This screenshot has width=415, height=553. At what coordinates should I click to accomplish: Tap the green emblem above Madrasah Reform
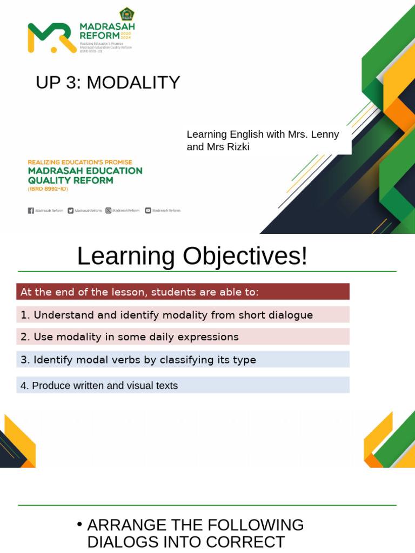click(x=126, y=14)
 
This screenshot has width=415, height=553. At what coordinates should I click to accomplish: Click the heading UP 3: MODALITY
click(x=108, y=83)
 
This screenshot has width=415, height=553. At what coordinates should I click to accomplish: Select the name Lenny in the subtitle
click(x=326, y=134)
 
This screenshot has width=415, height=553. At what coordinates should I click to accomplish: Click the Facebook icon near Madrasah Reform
click(x=31, y=211)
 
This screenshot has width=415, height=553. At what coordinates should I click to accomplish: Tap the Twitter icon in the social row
click(x=71, y=211)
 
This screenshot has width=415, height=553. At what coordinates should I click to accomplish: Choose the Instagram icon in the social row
click(x=109, y=211)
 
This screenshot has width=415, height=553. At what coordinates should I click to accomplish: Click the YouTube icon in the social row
click(x=148, y=211)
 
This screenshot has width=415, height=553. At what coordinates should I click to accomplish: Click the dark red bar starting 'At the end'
click(x=183, y=292)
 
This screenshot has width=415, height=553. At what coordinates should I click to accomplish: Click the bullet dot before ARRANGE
click(x=79, y=524)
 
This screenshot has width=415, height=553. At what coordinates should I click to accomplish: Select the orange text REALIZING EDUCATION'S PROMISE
click(x=80, y=162)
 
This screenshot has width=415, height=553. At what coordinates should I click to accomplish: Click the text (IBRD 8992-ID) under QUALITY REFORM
click(x=48, y=189)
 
